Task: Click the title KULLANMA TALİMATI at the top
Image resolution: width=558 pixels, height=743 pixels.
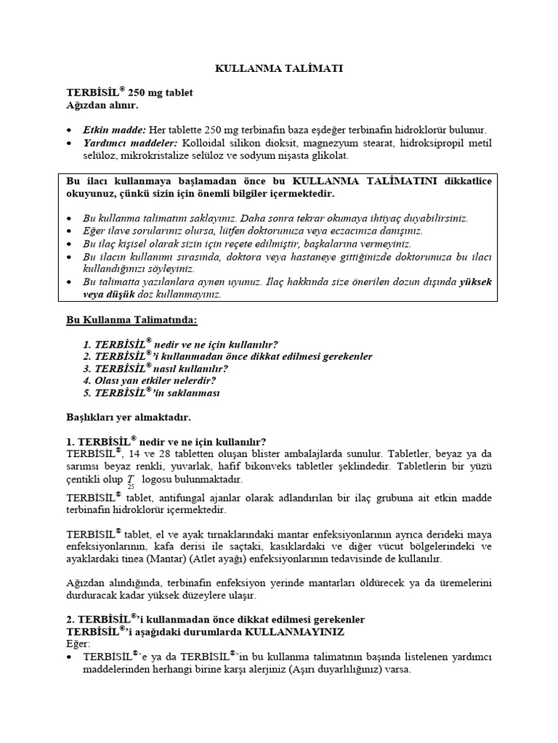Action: click(279, 68)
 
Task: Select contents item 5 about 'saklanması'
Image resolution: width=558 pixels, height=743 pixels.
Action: click(151, 393)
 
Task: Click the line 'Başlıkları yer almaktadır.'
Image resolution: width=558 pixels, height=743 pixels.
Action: click(128, 418)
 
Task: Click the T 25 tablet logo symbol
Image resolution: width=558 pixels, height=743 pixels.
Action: click(131, 481)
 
